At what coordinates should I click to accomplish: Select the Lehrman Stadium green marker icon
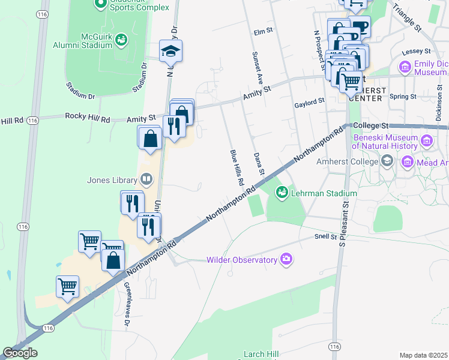point(281,193)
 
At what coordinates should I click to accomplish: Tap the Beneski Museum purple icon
point(427,142)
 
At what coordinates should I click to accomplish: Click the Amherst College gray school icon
point(387,161)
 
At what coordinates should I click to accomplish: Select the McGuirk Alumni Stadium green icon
point(121,40)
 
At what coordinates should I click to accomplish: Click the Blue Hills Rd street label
point(237,167)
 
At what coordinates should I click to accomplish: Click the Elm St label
point(263,32)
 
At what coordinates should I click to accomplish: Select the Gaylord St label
point(309,103)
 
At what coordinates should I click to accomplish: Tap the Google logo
point(20,353)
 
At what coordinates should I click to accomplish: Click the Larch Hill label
point(259,354)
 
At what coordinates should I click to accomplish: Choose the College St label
point(372,125)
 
